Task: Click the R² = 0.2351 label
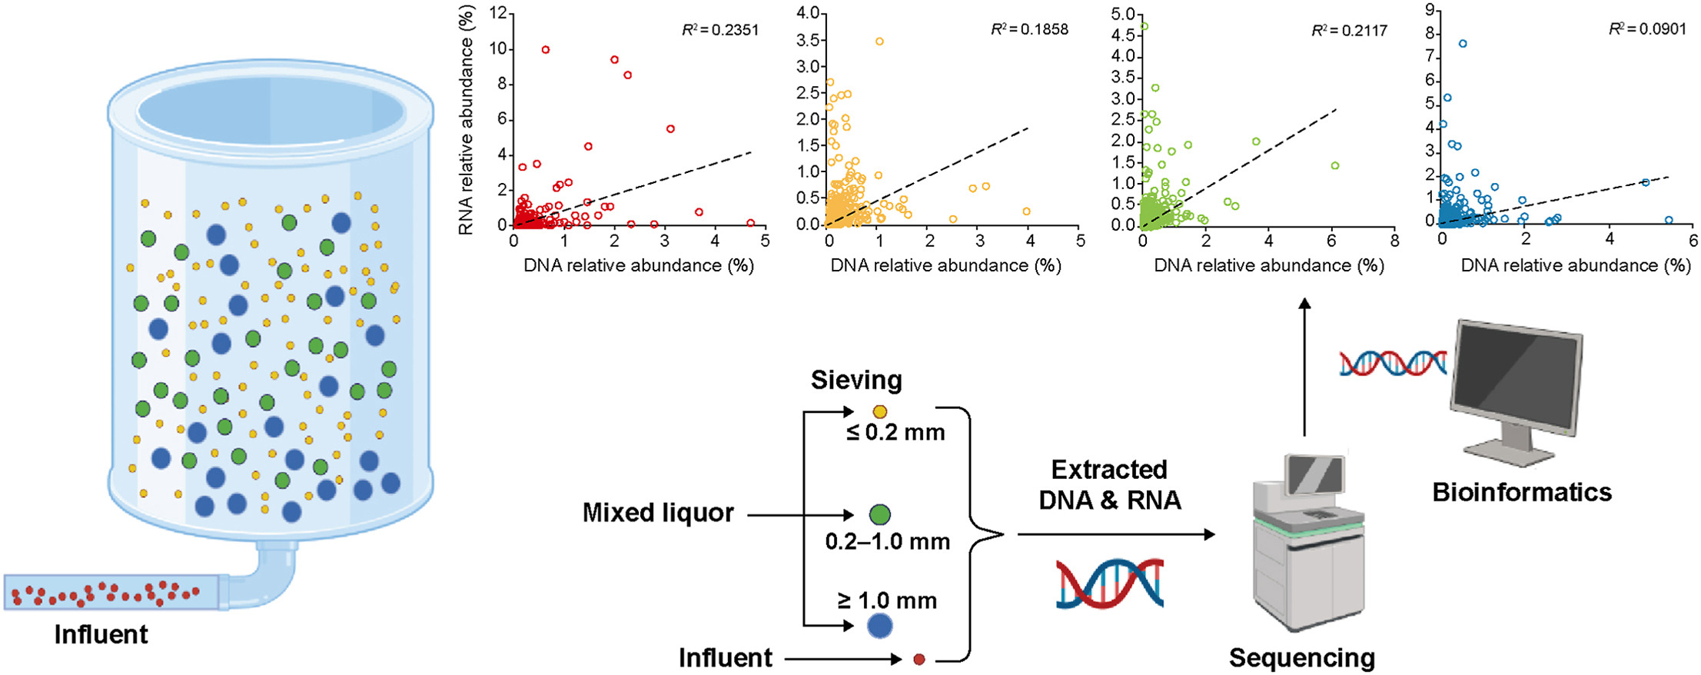(x=719, y=30)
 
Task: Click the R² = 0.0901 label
(x=1647, y=29)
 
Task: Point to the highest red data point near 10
(x=546, y=50)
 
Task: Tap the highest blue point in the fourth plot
(x=1463, y=44)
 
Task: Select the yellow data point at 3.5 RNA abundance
(x=879, y=42)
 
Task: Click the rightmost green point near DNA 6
(x=1335, y=166)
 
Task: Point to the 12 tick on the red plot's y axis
(x=500, y=13)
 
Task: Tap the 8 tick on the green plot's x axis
(x=1394, y=241)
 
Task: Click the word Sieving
(x=856, y=380)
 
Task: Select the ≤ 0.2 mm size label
(x=895, y=432)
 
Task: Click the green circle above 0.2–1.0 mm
(x=879, y=514)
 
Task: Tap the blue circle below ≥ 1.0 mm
(x=879, y=626)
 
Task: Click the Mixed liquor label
(x=658, y=513)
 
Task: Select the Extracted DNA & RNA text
(x=1109, y=484)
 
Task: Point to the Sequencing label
(x=1301, y=658)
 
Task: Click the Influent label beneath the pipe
(x=101, y=635)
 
